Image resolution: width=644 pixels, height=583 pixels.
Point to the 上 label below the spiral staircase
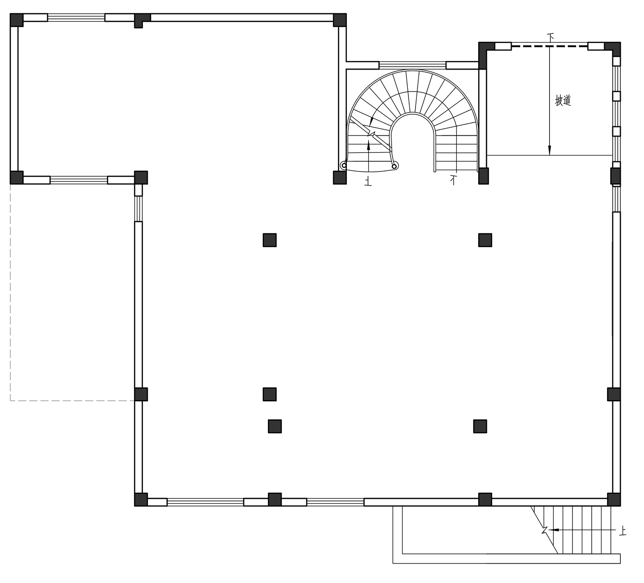click(x=368, y=182)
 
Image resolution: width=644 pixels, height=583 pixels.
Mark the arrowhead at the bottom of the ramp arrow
click(x=549, y=150)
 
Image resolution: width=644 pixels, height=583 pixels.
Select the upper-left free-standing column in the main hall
click(x=270, y=240)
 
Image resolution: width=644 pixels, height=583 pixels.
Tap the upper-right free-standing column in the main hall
click(x=485, y=240)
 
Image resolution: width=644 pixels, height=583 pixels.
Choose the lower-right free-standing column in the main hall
click(x=480, y=426)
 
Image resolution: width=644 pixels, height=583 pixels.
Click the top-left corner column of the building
click(x=17, y=20)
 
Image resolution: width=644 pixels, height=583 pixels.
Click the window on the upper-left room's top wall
click(x=76, y=18)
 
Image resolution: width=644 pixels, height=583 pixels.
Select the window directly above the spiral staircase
click(x=413, y=65)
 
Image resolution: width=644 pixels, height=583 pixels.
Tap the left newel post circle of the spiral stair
click(x=344, y=166)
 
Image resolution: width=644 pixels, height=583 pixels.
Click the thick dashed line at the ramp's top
click(x=550, y=46)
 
